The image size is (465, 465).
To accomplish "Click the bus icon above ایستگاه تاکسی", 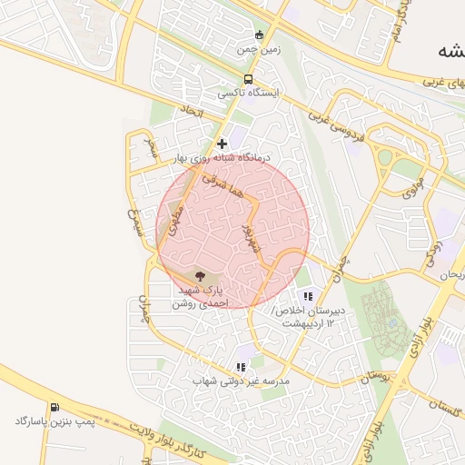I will click(x=249, y=79).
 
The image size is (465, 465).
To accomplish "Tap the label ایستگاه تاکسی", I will click(x=249, y=93).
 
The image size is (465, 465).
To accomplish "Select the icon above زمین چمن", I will click(x=259, y=35).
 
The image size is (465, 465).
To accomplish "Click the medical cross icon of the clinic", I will click(x=222, y=143).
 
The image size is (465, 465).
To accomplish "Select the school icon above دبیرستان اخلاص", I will click(x=308, y=295).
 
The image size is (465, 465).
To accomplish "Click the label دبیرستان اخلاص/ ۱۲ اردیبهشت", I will click(x=308, y=316).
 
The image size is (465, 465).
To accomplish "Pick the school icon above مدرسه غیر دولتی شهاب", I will click(x=241, y=367).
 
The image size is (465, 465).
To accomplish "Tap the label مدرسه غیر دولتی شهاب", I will click(x=241, y=382).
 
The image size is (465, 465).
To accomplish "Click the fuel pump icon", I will click(x=55, y=407).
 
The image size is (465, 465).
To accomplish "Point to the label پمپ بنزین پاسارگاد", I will click(x=54, y=421).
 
